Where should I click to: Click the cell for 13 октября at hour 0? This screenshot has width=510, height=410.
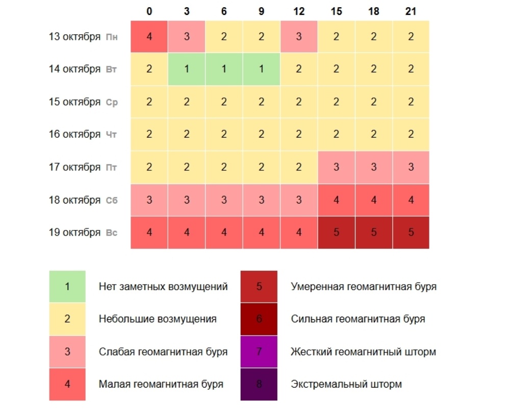coord(149,37)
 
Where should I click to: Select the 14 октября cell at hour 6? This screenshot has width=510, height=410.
coord(224,69)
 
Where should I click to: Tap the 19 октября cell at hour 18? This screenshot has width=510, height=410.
coord(373,233)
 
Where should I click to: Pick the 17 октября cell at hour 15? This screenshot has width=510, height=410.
coord(336,167)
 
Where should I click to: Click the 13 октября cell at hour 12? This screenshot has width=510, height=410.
coord(299,37)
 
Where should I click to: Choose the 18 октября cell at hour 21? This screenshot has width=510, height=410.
coord(411,200)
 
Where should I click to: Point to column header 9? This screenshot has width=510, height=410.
coord(261,11)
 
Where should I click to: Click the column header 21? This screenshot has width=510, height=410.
coord(411,11)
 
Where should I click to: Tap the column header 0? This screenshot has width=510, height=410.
coord(149,11)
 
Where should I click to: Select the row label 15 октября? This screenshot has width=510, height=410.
coord(74,102)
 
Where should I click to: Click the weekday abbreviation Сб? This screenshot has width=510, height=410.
coord(112,200)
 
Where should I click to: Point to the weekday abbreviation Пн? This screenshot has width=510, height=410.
coord(112,37)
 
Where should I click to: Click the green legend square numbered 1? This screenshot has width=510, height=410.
coord(67,286)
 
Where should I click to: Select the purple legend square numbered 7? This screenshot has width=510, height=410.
coord(259,351)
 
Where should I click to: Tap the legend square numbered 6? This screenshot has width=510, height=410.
coord(259,319)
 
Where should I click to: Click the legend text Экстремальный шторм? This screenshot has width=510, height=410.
coord(346,384)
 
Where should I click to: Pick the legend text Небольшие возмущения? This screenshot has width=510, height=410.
coord(158,319)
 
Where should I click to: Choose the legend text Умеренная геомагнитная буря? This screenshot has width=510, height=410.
coord(364,286)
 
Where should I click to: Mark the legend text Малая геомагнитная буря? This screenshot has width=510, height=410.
coord(161,384)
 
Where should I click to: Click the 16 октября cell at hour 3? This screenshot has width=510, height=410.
coord(187,135)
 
